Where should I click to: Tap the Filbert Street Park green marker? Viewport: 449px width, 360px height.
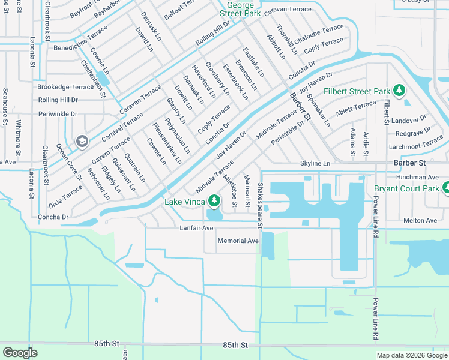pos(399,91)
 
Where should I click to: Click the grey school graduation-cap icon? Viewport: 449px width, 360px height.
pos(82,141)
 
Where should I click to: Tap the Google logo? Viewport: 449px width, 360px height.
pos(20,352)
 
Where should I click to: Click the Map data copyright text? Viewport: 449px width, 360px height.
pos(411,355)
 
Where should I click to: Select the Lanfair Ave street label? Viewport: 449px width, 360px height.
pos(196,228)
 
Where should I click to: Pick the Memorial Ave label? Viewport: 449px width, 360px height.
pos(238,241)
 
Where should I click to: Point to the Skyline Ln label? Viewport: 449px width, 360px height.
pos(315,163)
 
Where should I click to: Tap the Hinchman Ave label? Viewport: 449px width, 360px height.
pos(417,178)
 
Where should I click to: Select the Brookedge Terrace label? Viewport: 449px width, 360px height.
pos(65,87)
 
